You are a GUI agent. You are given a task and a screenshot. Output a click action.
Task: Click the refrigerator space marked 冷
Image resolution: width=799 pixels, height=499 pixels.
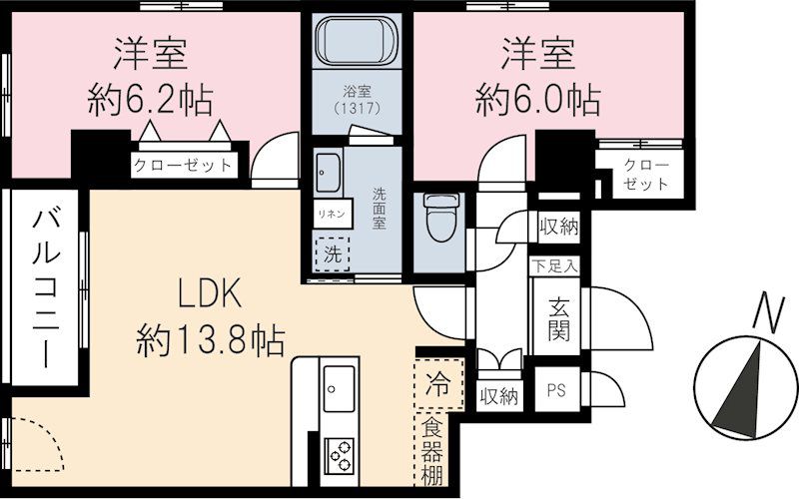click(438, 381)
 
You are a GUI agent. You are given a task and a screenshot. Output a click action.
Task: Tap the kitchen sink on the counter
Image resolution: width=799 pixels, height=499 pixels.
click(340, 384)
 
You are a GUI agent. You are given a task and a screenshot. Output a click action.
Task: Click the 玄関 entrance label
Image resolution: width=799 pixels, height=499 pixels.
click(557, 317)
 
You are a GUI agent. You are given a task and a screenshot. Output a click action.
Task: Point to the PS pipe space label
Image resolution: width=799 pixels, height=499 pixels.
click(554, 393)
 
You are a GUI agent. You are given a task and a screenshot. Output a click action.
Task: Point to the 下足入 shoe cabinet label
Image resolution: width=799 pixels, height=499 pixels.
click(555, 266)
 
